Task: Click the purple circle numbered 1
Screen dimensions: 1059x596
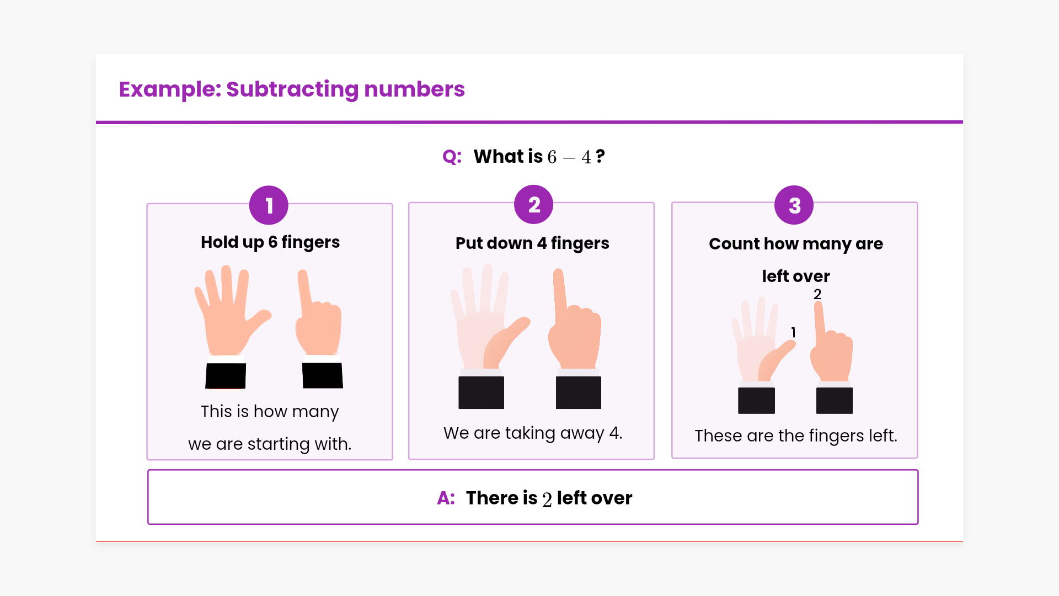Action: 269,205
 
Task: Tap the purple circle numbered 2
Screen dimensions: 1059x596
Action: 533,205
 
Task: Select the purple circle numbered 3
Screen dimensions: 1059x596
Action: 794,205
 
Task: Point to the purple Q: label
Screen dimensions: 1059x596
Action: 452,157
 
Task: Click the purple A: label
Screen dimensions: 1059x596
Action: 446,498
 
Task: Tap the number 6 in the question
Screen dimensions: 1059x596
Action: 552,157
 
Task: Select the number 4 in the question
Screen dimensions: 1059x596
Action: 586,157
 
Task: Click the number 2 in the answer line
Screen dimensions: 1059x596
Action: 547,499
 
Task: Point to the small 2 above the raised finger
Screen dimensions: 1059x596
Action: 817,294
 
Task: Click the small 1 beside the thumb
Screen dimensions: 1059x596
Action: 793,332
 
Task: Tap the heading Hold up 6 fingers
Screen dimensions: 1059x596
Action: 270,242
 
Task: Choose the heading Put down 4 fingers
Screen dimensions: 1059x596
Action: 532,243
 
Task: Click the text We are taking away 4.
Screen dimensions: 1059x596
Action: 533,433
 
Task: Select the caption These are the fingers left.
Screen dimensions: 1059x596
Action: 796,436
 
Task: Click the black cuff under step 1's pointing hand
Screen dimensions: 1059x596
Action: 323,375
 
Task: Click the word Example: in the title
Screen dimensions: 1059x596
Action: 169,89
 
